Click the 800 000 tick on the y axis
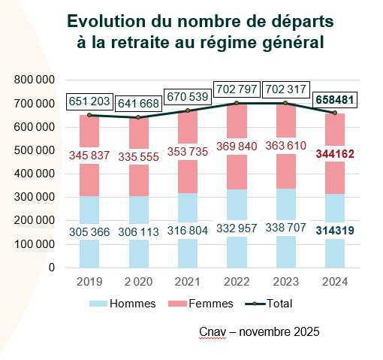click(35, 80)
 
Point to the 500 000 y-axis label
click(35, 150)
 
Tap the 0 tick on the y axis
click(52, 268)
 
